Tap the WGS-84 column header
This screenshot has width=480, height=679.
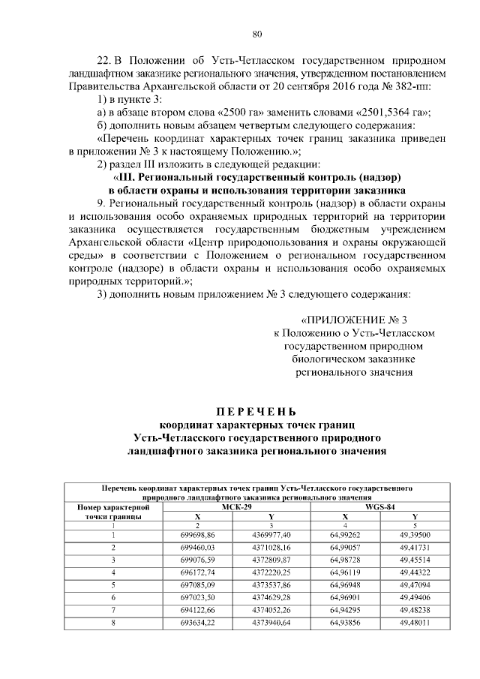coord(379,507)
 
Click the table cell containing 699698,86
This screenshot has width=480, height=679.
coord(198,534)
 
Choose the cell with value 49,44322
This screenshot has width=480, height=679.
coord(415,572)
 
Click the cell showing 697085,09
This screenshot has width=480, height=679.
coord(198,585)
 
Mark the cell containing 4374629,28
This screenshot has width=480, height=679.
coord(272,598)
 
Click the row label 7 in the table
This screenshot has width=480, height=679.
coord(113,611)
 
